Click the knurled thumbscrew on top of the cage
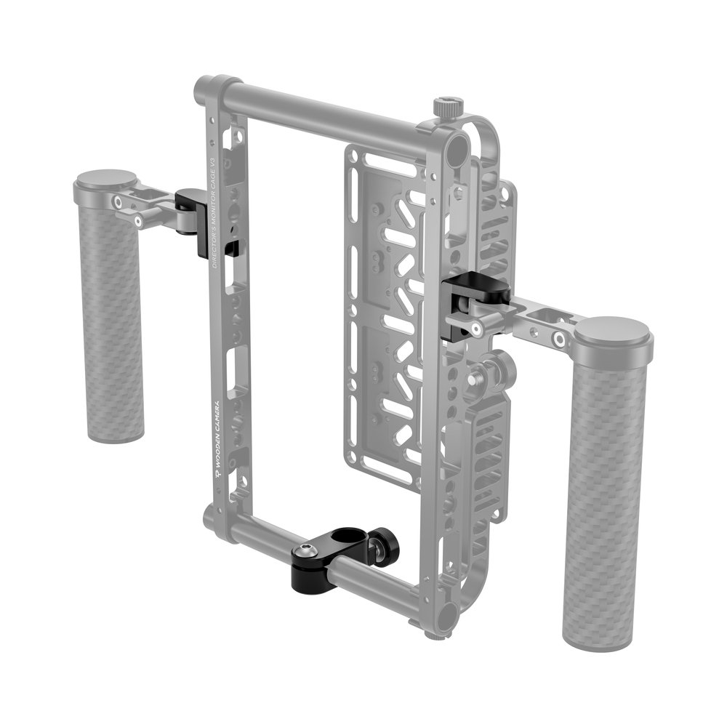[x=443, y=107]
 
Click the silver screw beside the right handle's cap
[x=559, y=339]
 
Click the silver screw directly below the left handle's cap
[x=137, y=220]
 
